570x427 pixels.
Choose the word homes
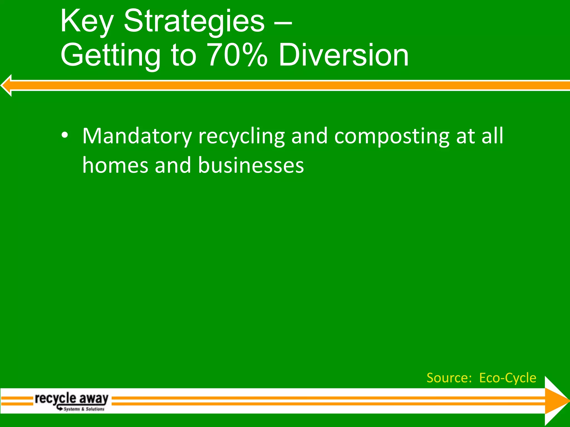pos(115,165)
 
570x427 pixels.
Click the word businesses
pos(251,165)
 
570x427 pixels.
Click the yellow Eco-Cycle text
pos(508,378)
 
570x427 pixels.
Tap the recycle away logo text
pos(72,398)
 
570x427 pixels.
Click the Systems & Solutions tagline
pos(84,409)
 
